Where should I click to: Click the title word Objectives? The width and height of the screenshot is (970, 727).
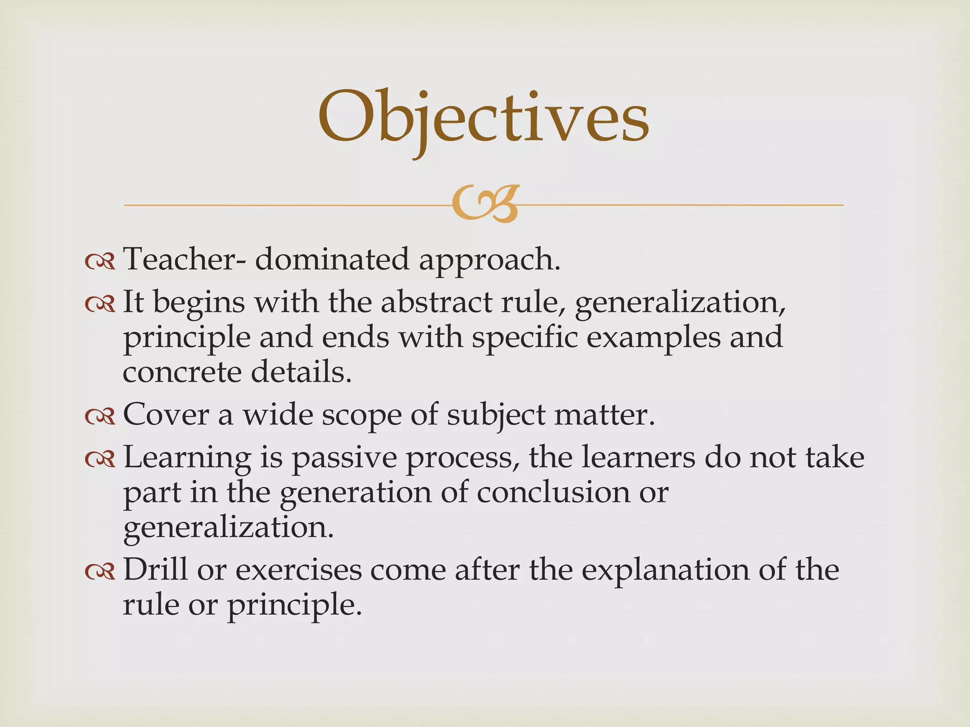pyautogui.click(x=483, y=118)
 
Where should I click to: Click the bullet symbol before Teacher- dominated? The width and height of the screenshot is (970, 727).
pyautogui.click(x=100, y=261)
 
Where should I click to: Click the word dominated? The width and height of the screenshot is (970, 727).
pyautogui.click(x=332, y=259)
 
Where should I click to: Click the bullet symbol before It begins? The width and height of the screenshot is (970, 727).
pyautogui.click(x=100, y=303)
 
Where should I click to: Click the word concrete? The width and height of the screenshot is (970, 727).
pyautogui.click(x=182, y=372)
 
